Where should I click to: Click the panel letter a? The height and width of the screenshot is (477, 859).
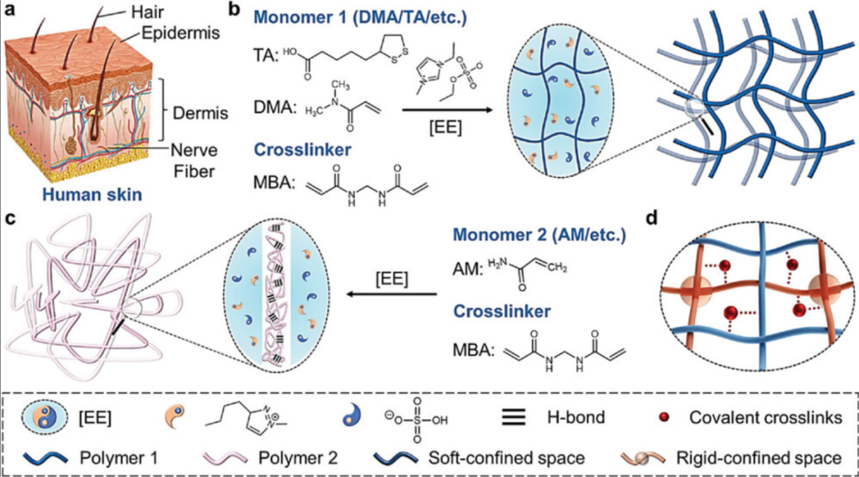tap(10, 11)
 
